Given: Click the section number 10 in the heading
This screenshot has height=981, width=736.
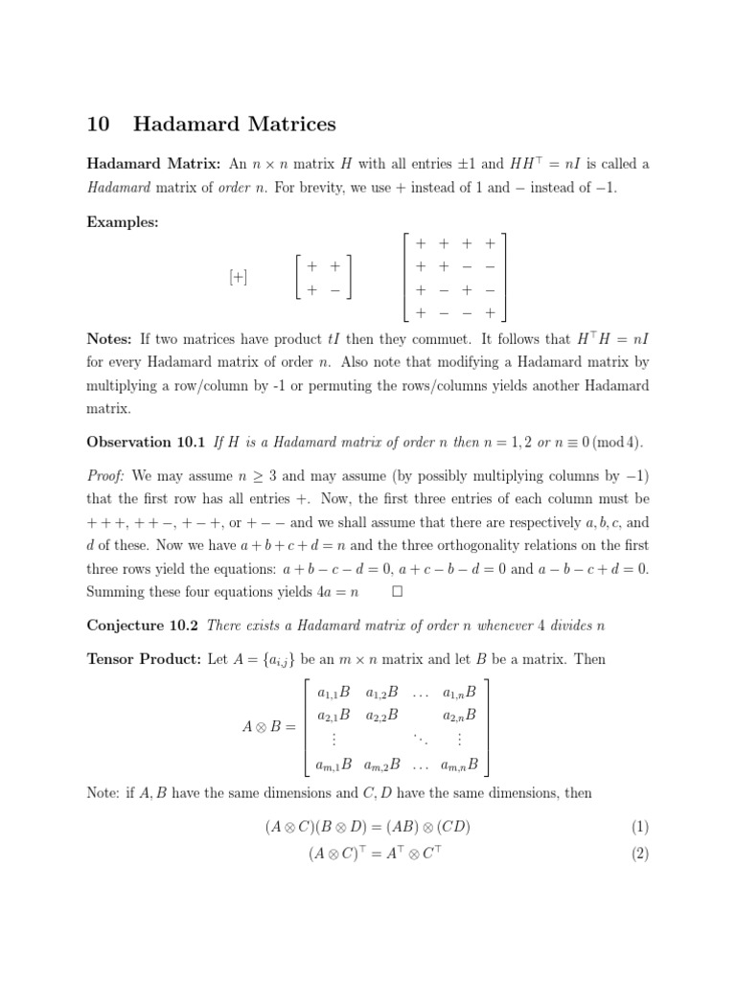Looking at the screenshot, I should coord(99,124).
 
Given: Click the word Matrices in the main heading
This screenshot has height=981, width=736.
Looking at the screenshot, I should coord(285,124).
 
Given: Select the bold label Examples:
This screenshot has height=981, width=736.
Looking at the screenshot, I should coord(123,222).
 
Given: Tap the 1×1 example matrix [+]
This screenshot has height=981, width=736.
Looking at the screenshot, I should coord(238,277).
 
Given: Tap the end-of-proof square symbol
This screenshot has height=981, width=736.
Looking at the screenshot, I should coord(397,592).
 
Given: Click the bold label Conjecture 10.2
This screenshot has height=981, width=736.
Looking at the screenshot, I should coord(143,626).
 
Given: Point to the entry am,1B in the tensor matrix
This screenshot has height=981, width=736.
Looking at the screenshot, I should coord(333,764).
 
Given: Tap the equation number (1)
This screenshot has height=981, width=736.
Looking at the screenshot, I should coord(640,827).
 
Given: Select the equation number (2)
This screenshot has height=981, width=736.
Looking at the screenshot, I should coord(640,854).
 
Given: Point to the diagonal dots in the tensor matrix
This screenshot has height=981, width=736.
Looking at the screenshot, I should coord(419,740).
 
